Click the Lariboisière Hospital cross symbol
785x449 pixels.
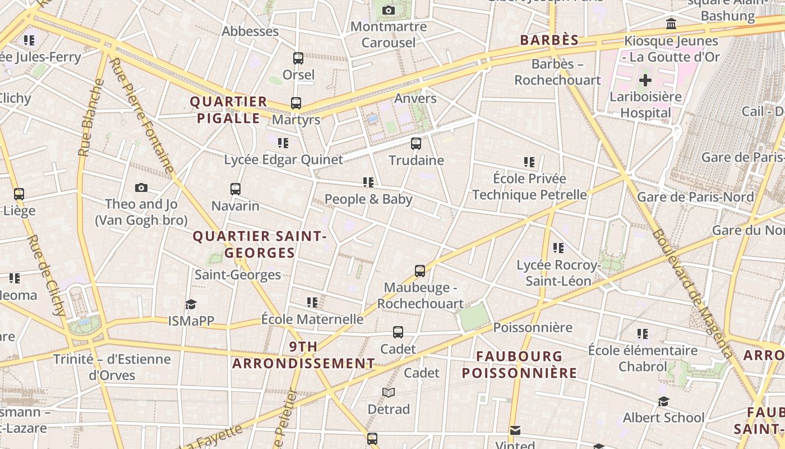645,80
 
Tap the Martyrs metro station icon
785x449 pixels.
296,103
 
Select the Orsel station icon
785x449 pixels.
298,58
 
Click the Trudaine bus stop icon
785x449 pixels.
416,144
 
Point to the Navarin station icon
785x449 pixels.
235,189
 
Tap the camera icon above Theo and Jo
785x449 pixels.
141,187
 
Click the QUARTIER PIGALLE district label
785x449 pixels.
228,110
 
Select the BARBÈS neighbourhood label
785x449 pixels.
549,40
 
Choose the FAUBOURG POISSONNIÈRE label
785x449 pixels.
519,364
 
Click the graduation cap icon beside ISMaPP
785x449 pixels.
191,304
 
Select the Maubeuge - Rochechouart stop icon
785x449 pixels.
420,271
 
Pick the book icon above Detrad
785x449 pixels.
389,392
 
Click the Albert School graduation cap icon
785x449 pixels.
664,401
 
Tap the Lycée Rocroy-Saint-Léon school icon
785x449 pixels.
558,248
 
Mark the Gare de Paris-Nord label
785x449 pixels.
695,197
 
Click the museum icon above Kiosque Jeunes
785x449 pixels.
671,24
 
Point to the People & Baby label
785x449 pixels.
368,199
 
